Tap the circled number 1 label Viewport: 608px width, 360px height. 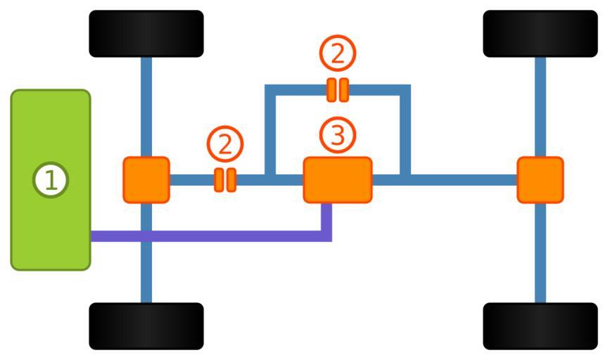point(51,180)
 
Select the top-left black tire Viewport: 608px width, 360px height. point(146,34)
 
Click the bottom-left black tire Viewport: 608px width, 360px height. point(146,326)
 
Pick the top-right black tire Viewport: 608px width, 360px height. point(540,34)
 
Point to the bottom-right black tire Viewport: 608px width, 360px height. point(540,326)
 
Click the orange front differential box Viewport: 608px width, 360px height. point(146,180)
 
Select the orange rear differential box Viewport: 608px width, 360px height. point(540,180)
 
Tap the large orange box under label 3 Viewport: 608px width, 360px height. point(338,180)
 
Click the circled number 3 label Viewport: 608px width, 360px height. point(338,136)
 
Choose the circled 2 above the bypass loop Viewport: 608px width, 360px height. point(338,54)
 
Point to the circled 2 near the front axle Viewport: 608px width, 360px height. point(225,144)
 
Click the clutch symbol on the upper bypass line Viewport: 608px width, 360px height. point(338,90)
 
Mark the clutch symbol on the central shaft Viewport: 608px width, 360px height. point(225,180)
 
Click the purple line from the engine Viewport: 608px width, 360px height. point(211,236)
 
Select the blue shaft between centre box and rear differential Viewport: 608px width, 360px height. point(457,180)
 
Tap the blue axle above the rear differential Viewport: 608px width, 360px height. point(540,105)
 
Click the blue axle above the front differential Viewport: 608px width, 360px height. point(146,105)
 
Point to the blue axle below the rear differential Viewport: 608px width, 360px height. point(540,253)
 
